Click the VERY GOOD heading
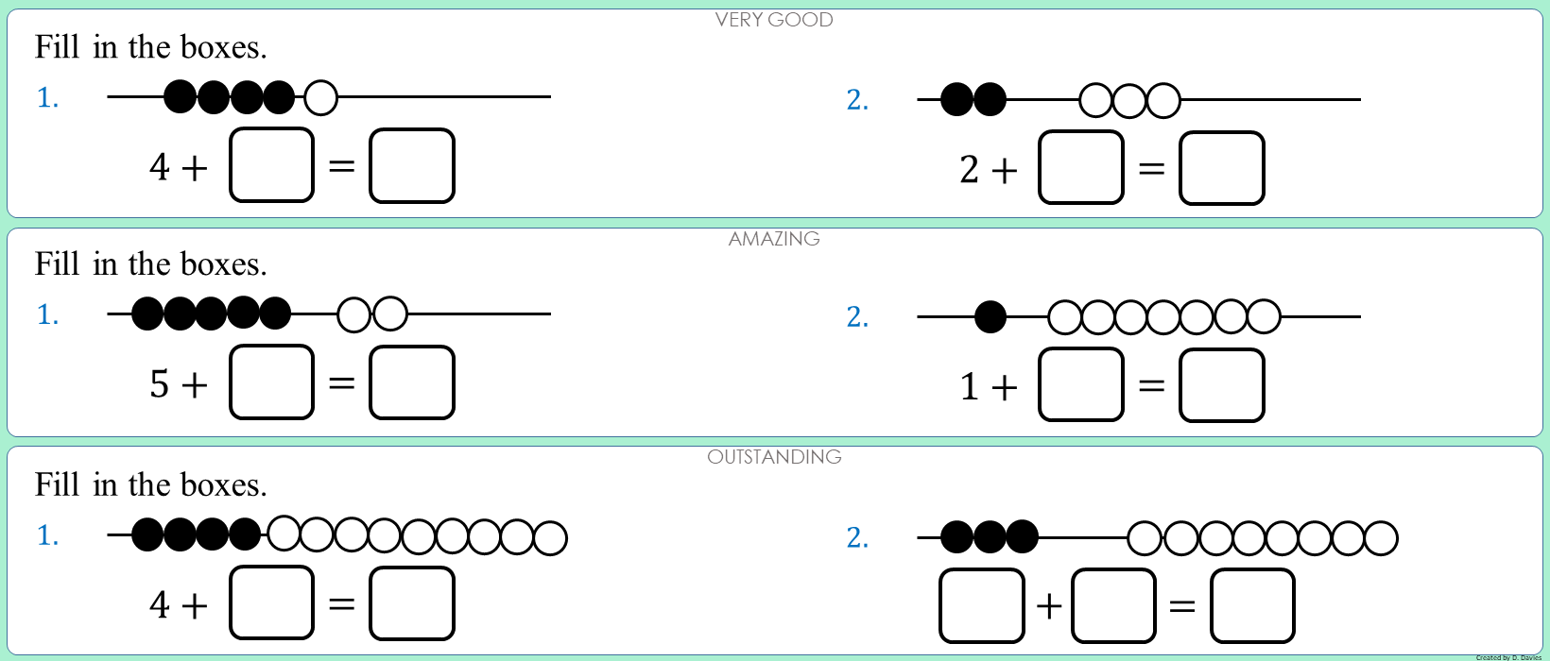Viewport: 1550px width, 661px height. [x=774, y=20]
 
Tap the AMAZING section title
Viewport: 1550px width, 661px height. [x=774, y=239]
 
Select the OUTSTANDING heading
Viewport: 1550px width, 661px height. [x=774, y=457]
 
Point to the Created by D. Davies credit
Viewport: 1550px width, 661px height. [x=1508, y=657]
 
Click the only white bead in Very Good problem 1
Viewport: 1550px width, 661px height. [x=321, y=97]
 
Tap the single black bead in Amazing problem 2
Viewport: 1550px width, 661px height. [x=990, y=317]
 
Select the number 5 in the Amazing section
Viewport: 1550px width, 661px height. [x=160, y=384]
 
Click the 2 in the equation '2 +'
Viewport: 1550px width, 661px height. [x=970, y=170]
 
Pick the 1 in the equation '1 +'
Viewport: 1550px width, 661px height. [x=970, y=387]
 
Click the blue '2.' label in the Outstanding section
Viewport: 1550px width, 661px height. [x=857, y=537]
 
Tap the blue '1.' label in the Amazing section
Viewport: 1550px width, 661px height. [x=47, y=314]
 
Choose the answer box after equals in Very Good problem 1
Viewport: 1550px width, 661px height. [x=412, y=166]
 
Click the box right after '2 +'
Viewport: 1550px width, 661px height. [x=1081, y=168]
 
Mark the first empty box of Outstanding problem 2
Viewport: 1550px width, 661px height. [x=982, y=606]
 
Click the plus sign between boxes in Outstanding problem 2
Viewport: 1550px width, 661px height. [x=1049, y=606]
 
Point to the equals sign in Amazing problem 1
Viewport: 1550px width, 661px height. [x=341, y=383]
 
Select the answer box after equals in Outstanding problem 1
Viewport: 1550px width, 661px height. [x=412, y=603]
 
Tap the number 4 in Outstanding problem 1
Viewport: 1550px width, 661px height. [x=160, y=604]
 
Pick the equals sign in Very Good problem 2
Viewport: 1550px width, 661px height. [x=1151, y=170]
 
